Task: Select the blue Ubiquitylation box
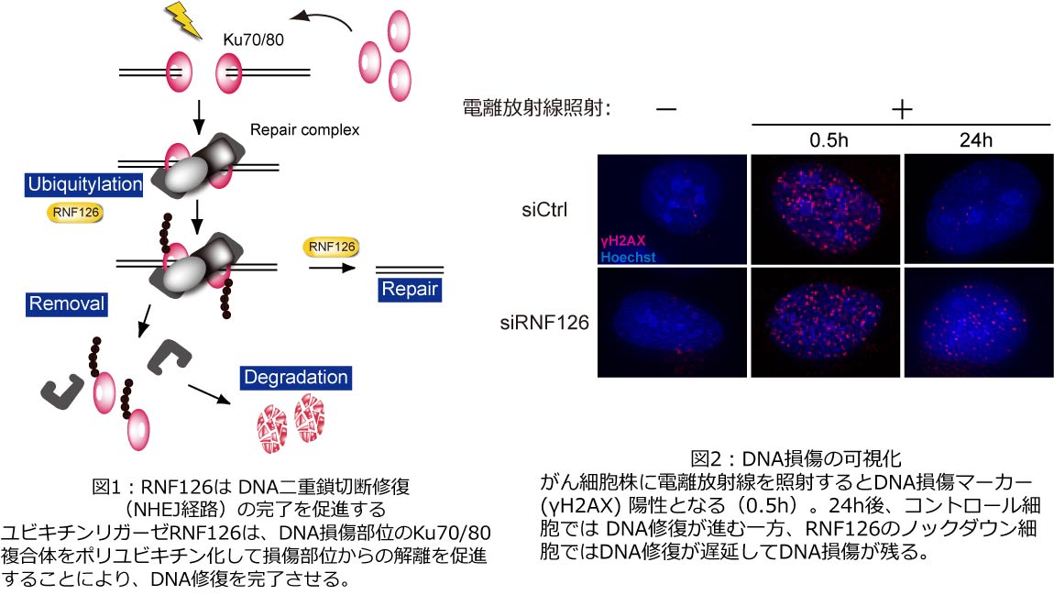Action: coord(84,185)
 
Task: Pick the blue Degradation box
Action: coord(296,377)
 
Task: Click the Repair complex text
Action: coord(305,130)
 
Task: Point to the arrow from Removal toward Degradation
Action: coord(208,393)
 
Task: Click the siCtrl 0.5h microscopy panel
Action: coord(825,210)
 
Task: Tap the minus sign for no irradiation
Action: coord(666,109)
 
